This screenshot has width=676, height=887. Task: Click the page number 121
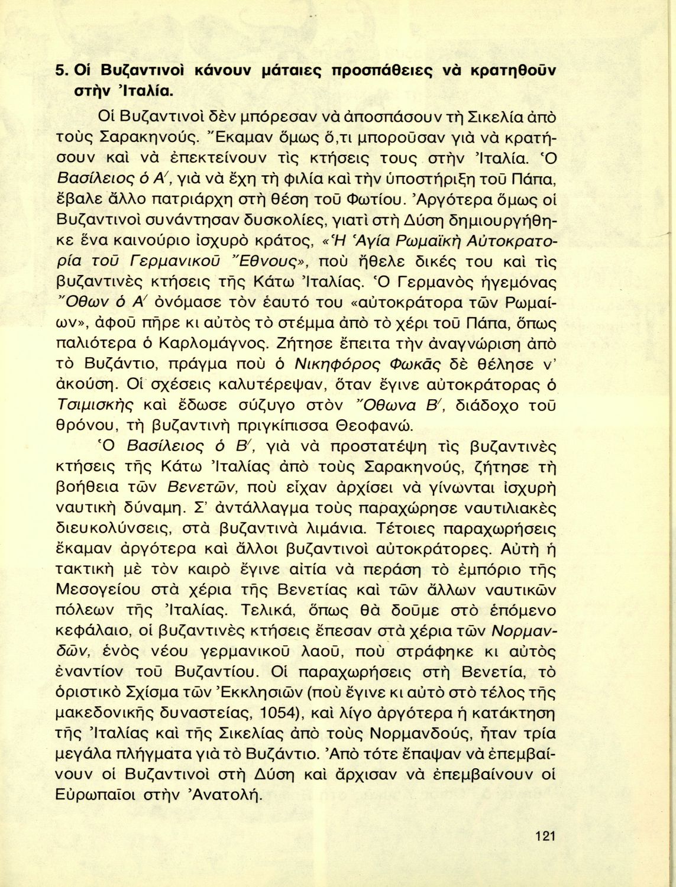(544, 836)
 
